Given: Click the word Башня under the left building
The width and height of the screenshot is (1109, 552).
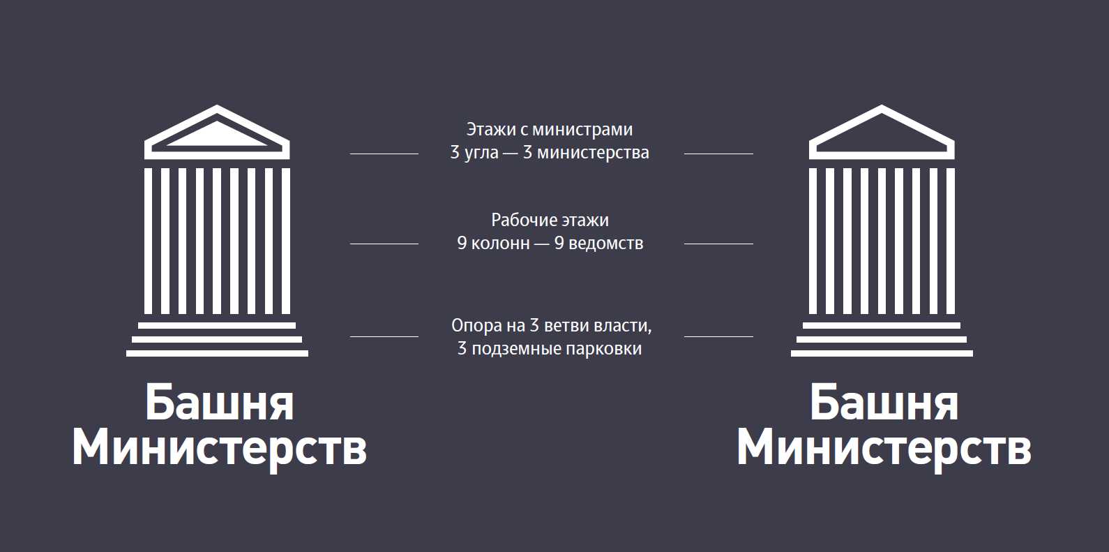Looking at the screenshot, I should [x=219, y=403].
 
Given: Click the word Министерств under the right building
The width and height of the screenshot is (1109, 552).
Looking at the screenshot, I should [x=883, y=448].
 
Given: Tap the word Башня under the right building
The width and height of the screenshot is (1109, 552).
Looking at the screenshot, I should [x=883, y=403].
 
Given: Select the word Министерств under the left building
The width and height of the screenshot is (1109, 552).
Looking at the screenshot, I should [x=219, y=448].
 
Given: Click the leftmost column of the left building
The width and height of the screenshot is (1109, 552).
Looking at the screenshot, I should [x=148, y=241].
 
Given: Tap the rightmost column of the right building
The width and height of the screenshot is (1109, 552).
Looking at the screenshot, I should [x=951, y=241].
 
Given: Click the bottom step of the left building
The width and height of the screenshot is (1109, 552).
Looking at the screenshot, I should [x=217, y=353].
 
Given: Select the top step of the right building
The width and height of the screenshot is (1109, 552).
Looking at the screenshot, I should [x=882, y=325].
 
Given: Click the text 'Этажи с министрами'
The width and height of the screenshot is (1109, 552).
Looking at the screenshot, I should [x=550, y=130].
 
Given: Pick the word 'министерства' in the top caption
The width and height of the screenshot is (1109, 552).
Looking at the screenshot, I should [x=593, y=153].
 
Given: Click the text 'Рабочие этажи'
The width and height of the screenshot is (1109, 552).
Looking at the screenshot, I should [x=550, y=221].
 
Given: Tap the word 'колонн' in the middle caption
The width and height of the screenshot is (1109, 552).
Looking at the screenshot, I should [x=500, y=244].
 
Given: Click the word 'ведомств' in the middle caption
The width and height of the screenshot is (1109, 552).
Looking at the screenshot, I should [x=605, y=244].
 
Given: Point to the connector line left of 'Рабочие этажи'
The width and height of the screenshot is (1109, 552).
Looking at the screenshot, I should [x=384, y=244].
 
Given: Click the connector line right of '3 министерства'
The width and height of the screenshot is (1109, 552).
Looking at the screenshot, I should [x=718, y=154].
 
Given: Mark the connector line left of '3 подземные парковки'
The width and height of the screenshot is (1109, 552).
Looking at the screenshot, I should [x=384, y=336].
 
